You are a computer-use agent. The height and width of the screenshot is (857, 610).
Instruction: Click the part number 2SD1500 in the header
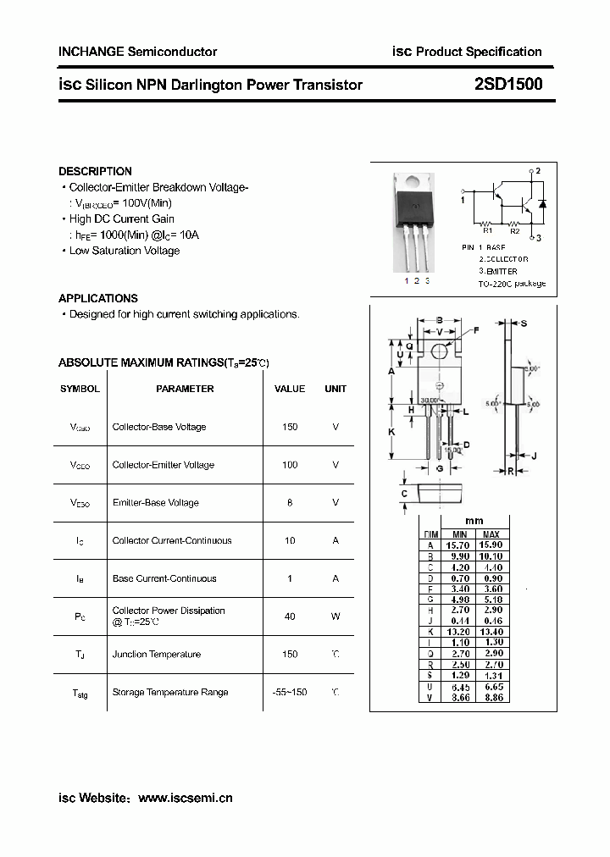click(x=508, y=84)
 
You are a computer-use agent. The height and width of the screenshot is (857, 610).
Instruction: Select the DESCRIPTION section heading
click(x=95, y=171)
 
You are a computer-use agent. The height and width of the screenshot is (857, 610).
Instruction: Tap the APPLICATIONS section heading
click(x=97, y=298)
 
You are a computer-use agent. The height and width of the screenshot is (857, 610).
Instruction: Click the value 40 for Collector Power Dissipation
click(x=290, y=616)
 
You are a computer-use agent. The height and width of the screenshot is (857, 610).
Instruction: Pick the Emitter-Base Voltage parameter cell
click(x=155, y=503)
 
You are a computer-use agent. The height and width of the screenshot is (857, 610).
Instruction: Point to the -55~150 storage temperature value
click(x=290, y=693)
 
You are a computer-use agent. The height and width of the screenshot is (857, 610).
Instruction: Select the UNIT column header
click(x=335, y=389)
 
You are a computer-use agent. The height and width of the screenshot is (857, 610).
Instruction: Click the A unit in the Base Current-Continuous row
click(x=335, y=578)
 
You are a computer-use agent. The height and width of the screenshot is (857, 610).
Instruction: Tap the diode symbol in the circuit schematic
click(x=542, y=204)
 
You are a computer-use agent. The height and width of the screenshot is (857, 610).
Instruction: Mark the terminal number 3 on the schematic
click(x=538, y=238)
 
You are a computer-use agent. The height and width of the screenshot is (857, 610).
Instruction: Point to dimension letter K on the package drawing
click(x=391, y=432)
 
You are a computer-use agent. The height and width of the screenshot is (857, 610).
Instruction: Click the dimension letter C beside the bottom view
click(x=404, y=494)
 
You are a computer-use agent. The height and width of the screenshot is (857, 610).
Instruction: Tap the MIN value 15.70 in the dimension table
click(x=459, y=545)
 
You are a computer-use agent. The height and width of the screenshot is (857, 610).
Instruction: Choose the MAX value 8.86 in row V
click(x=491, y=697)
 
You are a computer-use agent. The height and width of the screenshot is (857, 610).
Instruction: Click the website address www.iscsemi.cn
click(x=185, y=798)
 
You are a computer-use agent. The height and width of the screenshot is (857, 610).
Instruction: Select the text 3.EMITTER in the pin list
click(x=502, y=271)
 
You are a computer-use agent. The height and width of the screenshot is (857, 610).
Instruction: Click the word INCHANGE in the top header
click(x=90, y=52)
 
